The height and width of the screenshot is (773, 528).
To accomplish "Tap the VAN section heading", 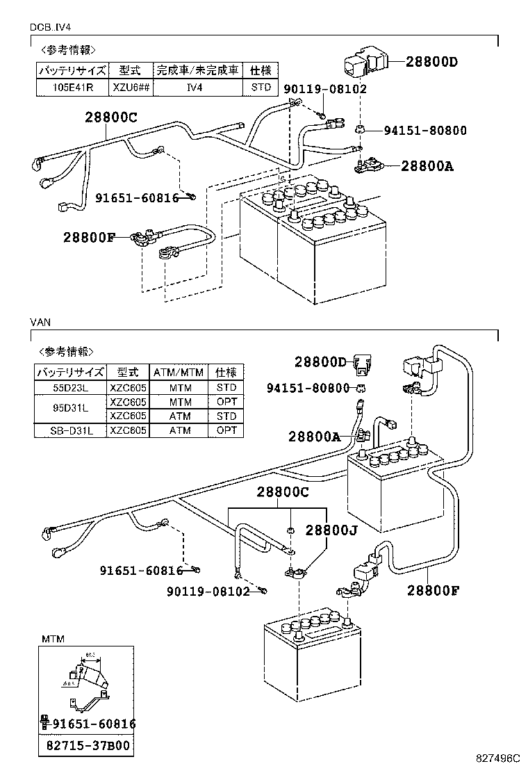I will [40, 323].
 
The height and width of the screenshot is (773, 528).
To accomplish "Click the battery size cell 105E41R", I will [72, 88].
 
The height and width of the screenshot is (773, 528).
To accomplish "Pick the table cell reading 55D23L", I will [69, 387].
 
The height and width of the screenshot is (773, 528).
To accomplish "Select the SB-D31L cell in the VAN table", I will [69, 430].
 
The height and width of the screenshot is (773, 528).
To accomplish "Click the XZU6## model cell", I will [130, 88].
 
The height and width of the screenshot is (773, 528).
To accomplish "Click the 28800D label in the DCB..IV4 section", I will [431, 62].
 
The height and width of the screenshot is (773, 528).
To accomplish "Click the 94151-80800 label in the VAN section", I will [308, 388].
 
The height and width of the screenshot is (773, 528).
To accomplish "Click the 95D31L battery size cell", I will [69, 409].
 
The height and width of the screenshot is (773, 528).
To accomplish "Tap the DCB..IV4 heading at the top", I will [52, 27].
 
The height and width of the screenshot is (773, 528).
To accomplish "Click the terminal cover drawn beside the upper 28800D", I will [362, 64].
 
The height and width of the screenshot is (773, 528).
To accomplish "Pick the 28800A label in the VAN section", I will [315, 436].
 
